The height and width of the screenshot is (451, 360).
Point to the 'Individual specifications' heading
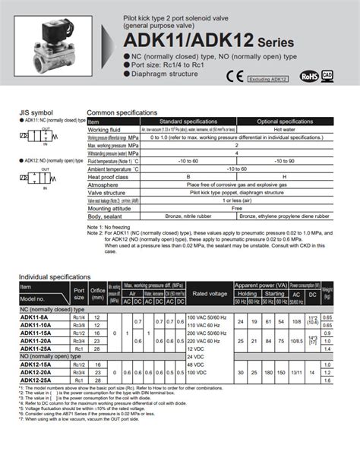(50, 279)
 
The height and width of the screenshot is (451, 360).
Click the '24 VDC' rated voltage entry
(195, 356)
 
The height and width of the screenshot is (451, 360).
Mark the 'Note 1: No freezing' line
(109, 227)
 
